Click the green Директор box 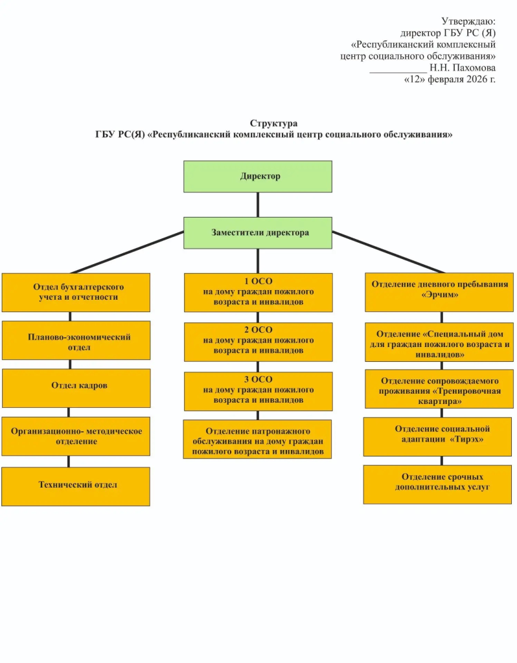258,176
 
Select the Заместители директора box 258,233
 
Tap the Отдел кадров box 76,388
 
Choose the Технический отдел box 76,486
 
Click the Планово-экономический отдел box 76,341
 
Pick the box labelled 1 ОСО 258,293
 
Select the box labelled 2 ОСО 258,342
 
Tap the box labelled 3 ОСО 258,392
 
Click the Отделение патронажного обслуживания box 257,440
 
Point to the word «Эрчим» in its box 439,295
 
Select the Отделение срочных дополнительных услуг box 437,484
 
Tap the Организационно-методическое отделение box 76,436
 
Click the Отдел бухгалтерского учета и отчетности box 76,293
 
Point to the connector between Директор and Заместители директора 258,205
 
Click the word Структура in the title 274,123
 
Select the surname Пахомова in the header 474,67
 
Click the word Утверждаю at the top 468,21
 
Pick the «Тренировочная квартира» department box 439,389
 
